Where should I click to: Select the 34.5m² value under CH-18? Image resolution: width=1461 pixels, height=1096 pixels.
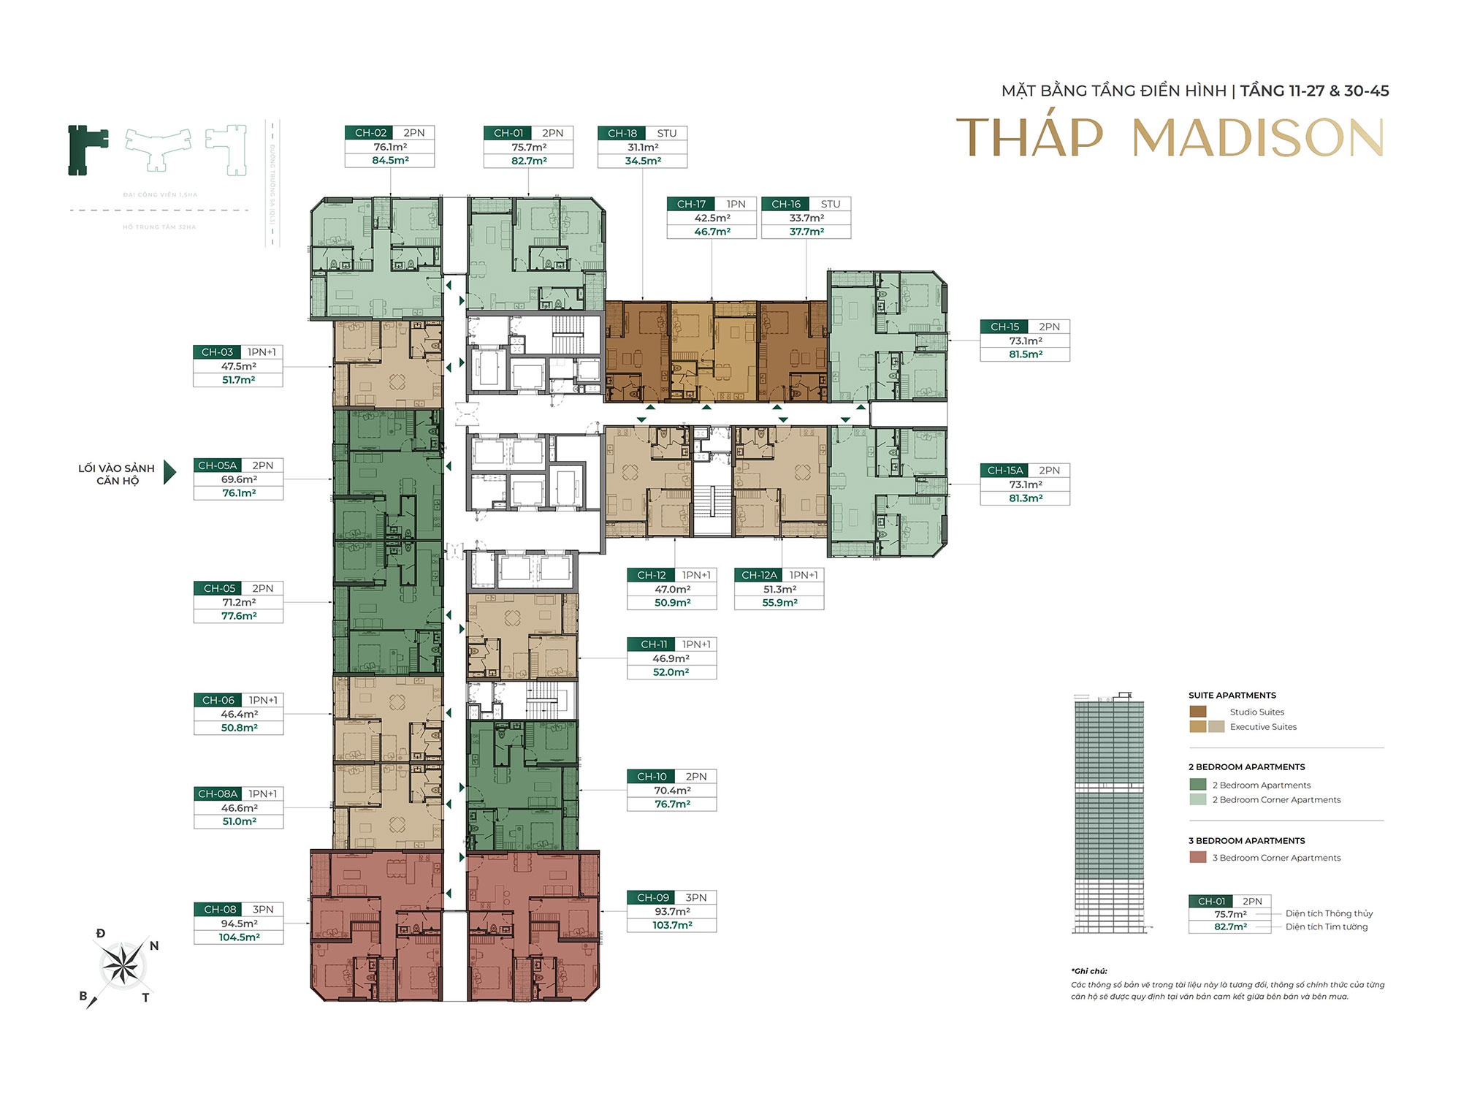coord(643,161)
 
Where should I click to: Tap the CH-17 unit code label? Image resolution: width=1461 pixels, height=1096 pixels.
coord(691,204)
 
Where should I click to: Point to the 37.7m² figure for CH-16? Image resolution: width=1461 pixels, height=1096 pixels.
coord(806,232)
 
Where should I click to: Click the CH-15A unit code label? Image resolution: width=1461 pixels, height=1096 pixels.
coord(1005,471)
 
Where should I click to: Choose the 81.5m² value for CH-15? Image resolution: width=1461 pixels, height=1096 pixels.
coord(1026,354)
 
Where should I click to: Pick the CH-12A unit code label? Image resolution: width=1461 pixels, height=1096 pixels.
coord(759,575)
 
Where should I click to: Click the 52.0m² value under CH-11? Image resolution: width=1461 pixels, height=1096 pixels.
coord(671,672)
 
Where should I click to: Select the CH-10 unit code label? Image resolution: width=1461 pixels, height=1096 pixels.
coord(652,777)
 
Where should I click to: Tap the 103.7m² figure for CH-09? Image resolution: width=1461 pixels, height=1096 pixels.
coord(672,925)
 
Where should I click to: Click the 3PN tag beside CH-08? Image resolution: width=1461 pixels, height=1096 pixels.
coord(263,910)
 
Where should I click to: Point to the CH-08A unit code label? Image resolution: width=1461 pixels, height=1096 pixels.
coord(218,794)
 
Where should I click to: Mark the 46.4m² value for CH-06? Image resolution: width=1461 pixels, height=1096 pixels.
coord(239,715)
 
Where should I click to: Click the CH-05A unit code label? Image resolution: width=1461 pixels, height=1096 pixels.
coord(218,465)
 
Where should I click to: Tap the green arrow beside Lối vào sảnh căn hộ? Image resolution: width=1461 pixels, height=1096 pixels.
coord(169,473)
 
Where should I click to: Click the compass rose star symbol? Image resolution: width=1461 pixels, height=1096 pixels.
coord(121,964)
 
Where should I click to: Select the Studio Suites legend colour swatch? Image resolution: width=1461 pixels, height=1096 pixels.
coord(1198,712)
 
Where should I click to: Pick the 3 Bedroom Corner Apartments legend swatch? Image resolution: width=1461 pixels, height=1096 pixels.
coord(1198,858)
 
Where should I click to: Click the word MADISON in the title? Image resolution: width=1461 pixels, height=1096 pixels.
coord(1257,138)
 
